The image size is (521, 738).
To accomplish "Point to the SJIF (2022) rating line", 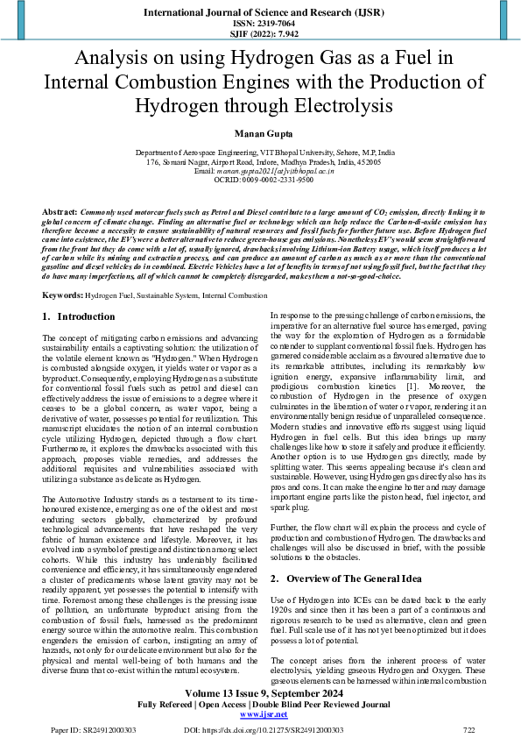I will pos(260,34).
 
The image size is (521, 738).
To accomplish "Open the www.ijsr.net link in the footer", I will pos(259,714).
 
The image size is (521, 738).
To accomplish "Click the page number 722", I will pos(468,729).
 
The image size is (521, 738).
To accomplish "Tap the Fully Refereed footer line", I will pos(259,704).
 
